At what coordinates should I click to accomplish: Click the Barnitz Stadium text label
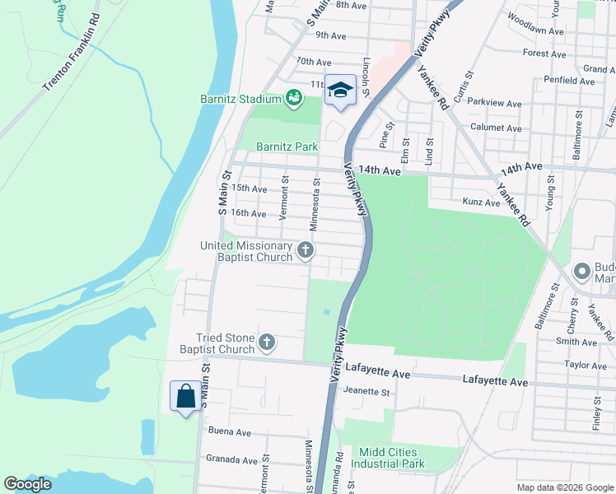(240, 99)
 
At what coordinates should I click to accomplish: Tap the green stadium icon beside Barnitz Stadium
(292, 99)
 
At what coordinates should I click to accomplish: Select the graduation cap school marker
(339, 89)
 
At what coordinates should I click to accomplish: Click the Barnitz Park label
(287, 147)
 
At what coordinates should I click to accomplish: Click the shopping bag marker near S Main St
(185, 396)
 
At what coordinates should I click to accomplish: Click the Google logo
(28, 484)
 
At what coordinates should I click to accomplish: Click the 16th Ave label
(249, 213)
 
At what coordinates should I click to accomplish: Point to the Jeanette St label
(366, 392)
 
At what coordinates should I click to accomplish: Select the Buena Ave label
(230, 431)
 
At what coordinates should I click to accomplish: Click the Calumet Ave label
(496, 128)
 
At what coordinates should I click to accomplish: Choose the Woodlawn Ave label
(536, 30)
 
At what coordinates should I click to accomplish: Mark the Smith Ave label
(576, 341)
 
